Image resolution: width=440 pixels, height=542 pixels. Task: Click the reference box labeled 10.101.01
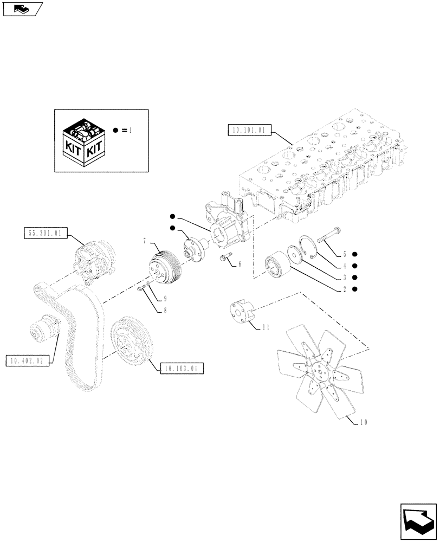tap(247, 130)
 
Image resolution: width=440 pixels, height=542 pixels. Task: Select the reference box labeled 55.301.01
tap(44, 234)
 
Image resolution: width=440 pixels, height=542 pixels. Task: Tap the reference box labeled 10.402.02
tap(25, 360)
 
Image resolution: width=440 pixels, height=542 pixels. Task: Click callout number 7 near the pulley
tap(145, 240)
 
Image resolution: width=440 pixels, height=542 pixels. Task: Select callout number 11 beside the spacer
tap(266, 327)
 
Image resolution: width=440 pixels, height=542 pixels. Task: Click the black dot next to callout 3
tap(354, 277)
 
